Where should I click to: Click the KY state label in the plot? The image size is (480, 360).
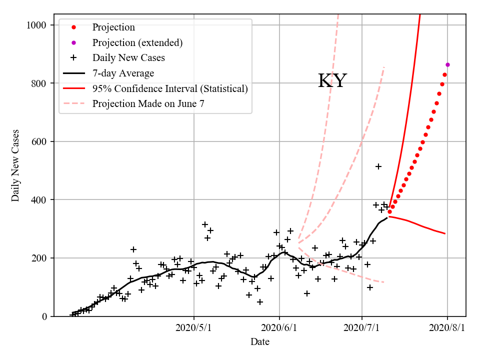coord(332,81)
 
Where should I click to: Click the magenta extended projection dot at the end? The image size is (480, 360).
coord(447,64)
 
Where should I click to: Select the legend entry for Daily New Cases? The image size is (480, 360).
coord(128,58)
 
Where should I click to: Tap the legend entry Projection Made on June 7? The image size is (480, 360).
coord(148,104)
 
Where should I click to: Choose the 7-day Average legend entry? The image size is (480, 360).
coord(123,73)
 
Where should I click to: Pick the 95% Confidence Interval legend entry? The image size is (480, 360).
coord(170,88)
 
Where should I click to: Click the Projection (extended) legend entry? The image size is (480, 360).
coord(137,42)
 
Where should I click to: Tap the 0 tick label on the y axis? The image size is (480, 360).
coord(45,316)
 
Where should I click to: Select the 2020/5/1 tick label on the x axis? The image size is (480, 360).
coord(194,328)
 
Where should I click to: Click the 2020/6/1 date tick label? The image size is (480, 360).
coord(279,328)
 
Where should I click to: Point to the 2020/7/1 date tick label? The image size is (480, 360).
coord(362,328)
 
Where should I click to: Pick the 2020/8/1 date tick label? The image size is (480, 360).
coord(447,328)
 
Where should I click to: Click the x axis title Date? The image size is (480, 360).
coord(260,342)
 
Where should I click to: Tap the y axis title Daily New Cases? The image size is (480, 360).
coord(16,165)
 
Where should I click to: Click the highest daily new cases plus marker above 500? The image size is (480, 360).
coord(378,166)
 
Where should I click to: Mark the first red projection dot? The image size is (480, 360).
coord(389,211)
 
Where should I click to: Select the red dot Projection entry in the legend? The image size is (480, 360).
coord(113,27)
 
